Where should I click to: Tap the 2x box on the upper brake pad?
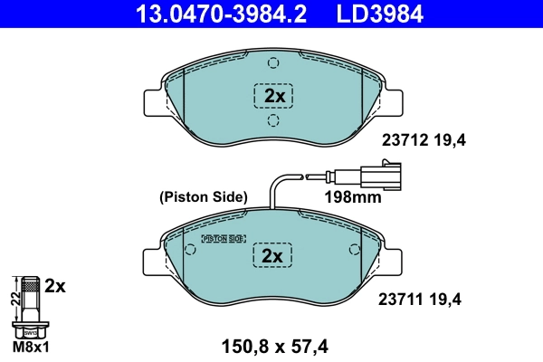[x=272, y=96]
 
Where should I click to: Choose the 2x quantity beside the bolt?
[x=55, y=286]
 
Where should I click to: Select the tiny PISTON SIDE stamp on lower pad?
[x=223, y=239]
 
